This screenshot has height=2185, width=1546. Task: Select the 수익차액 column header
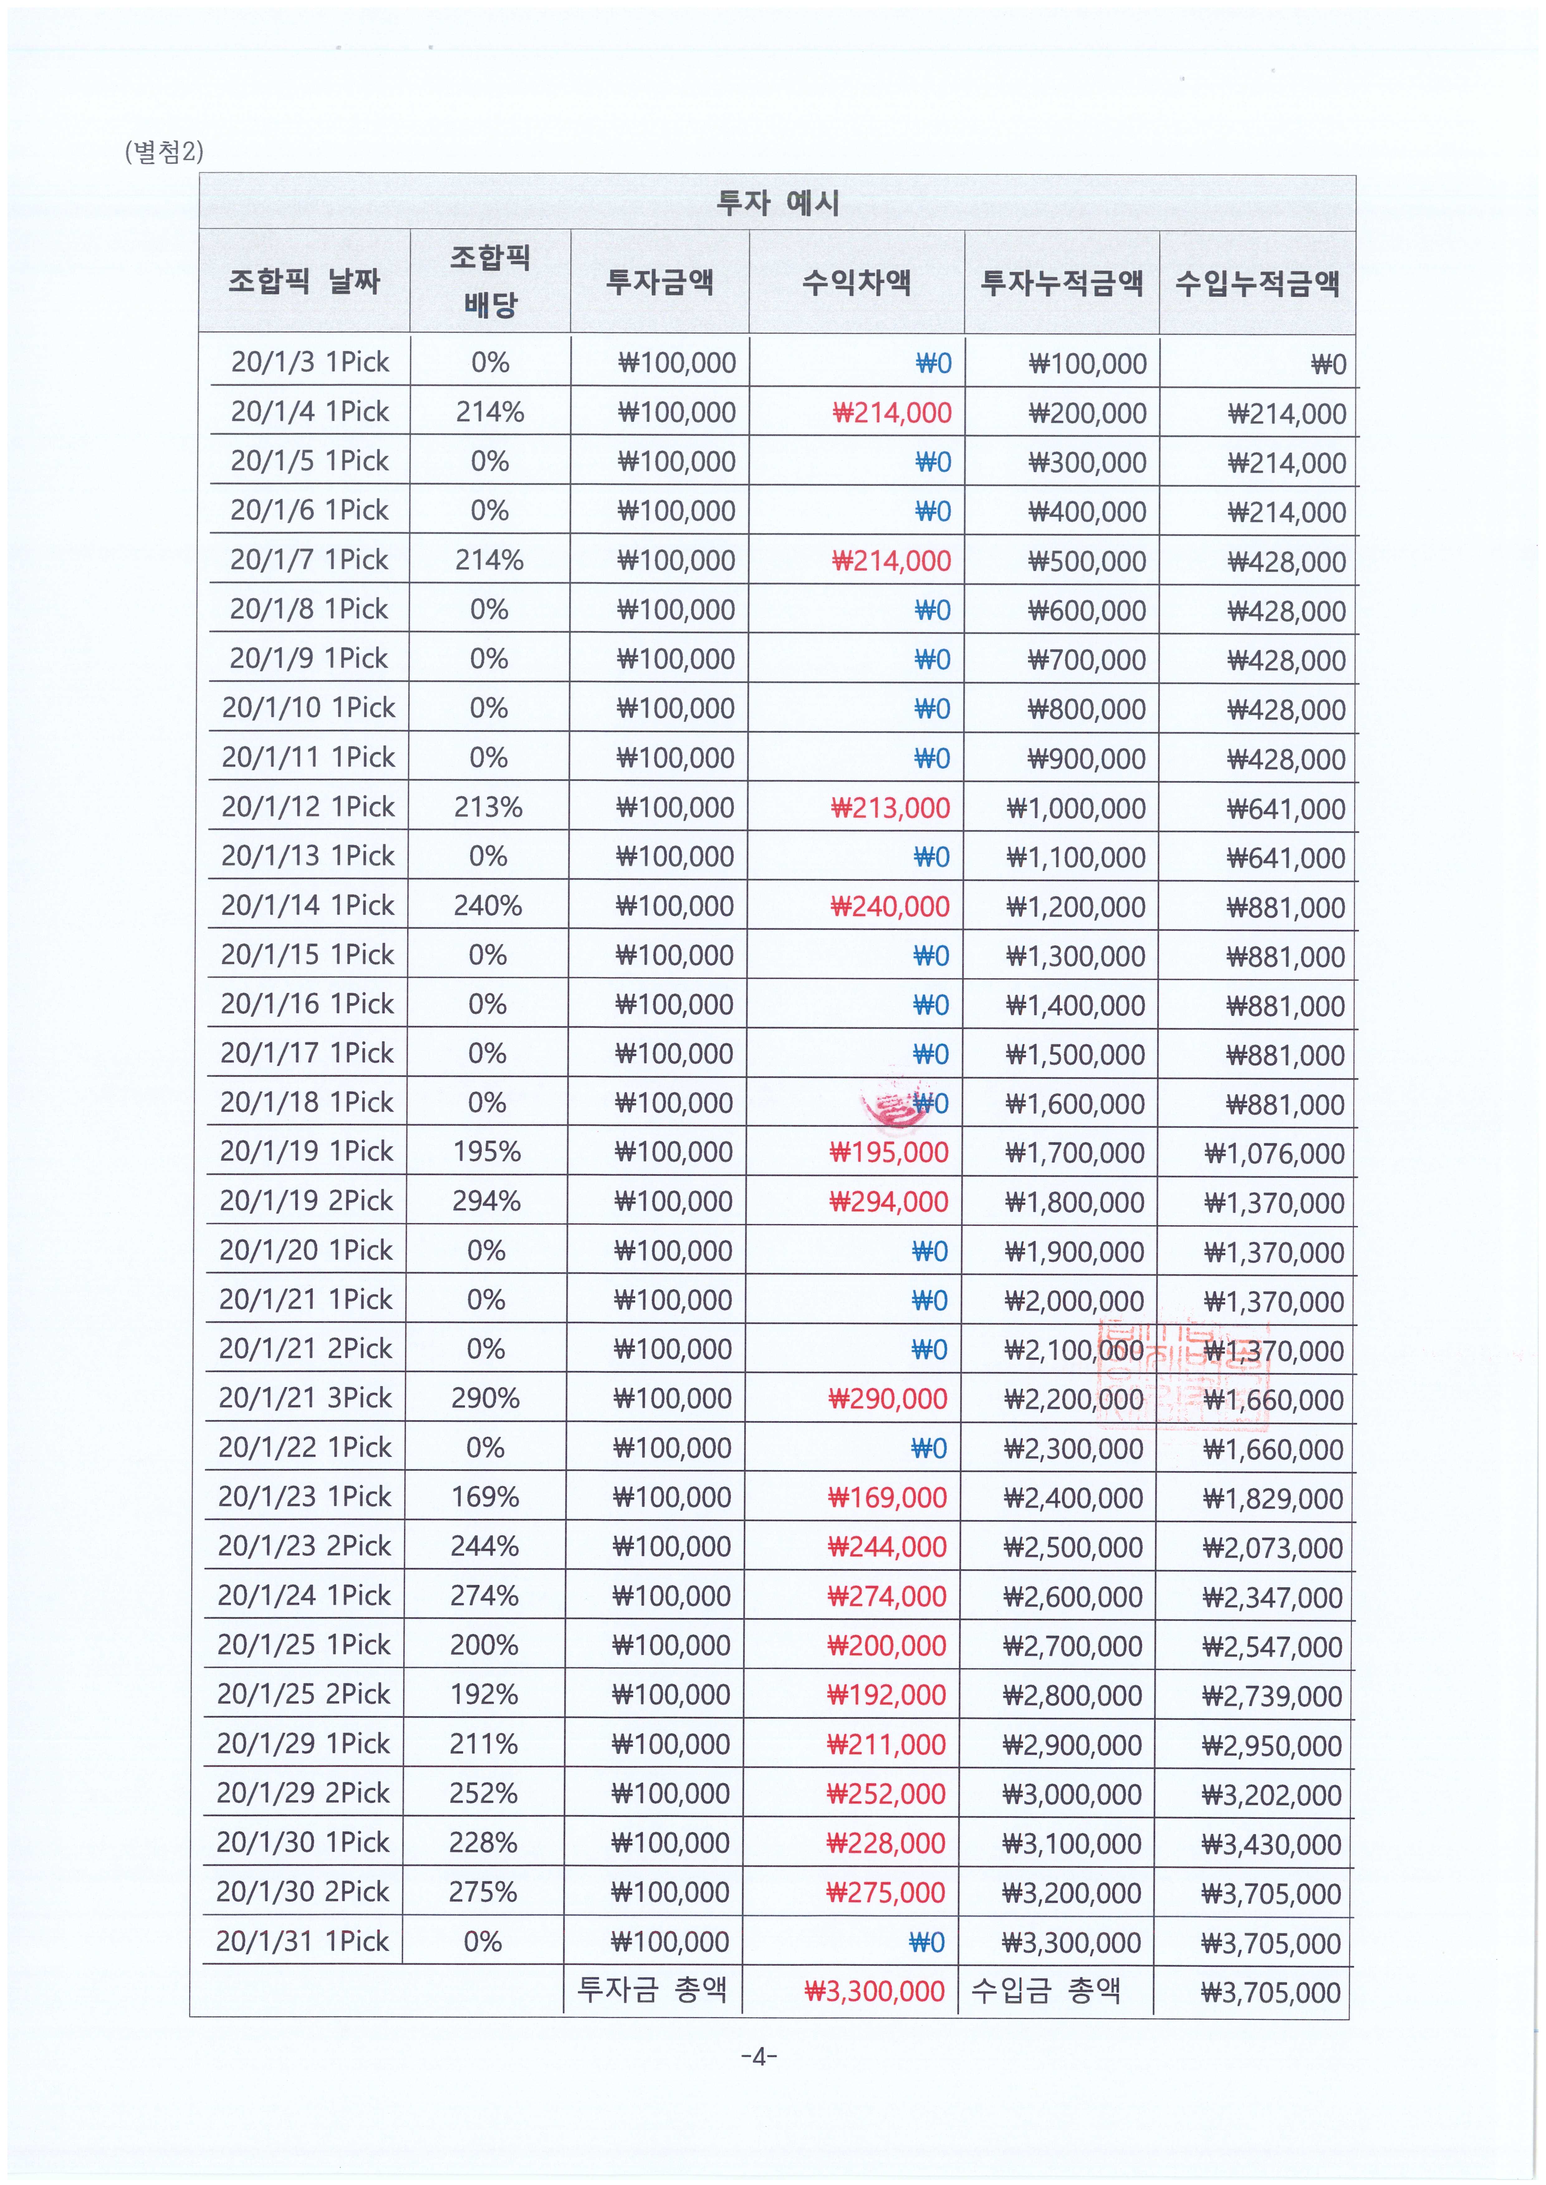[857, 282]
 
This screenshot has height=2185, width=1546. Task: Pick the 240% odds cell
[487, 905]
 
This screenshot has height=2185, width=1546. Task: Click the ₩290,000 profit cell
[887, 1399]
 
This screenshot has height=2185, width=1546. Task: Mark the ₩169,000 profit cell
[887, 1498]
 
